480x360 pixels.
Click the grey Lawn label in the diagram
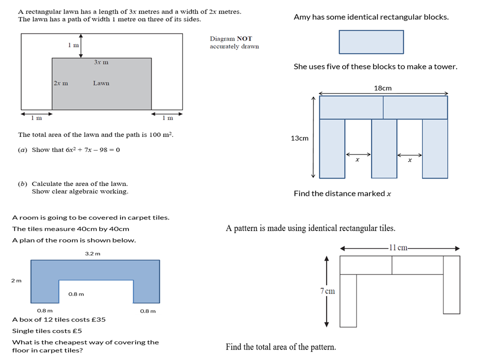(101, 83)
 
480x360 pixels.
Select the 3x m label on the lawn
(101, 62)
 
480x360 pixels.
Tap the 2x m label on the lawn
(60, 83)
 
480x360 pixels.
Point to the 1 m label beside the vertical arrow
(73, 45)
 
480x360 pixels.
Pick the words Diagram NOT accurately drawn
(234, 42)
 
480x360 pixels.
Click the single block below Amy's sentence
(371, 42)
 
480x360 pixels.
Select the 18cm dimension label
(382, 88)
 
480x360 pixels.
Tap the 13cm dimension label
(299, 138)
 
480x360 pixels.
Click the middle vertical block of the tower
(384, 148)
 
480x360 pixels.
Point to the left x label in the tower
(357, 160)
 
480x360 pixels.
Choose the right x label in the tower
(409, 160)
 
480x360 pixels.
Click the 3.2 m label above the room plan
(92, 253)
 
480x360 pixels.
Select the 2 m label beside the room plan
(16, 280)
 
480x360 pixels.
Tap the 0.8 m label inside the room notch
(76, 294)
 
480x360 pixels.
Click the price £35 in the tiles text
(97, 319)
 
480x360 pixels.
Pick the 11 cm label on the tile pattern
(398, 247)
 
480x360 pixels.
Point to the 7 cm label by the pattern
(328, 291)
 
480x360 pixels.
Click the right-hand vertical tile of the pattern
(451, 284)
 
